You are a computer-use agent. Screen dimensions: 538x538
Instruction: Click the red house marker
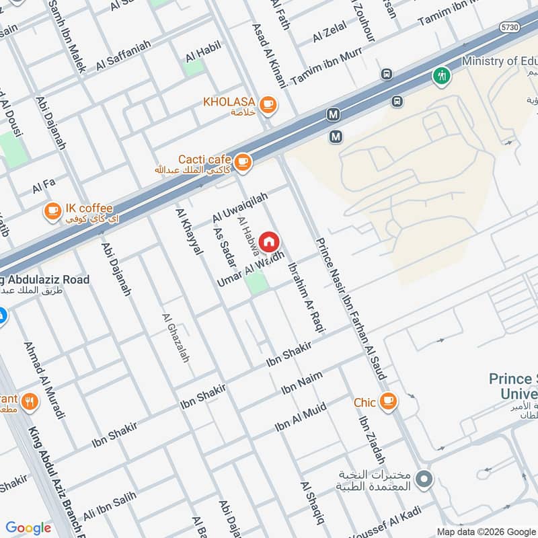[268, 241]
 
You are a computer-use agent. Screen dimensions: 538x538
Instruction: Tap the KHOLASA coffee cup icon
[268, 104]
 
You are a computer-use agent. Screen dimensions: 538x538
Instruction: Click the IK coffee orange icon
[52, 211]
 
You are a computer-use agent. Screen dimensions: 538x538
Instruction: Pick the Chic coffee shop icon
[388, 402]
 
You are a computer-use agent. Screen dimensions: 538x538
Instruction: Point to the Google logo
[28, 528]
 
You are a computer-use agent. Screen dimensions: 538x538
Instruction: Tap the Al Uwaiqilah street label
[240, 207]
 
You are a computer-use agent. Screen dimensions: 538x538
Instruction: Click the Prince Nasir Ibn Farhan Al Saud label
[350, 308]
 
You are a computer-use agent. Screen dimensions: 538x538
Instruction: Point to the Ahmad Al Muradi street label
[44, 381]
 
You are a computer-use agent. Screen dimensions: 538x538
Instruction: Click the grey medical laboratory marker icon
[424, 479]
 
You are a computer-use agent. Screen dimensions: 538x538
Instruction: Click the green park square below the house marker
[256, 282]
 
